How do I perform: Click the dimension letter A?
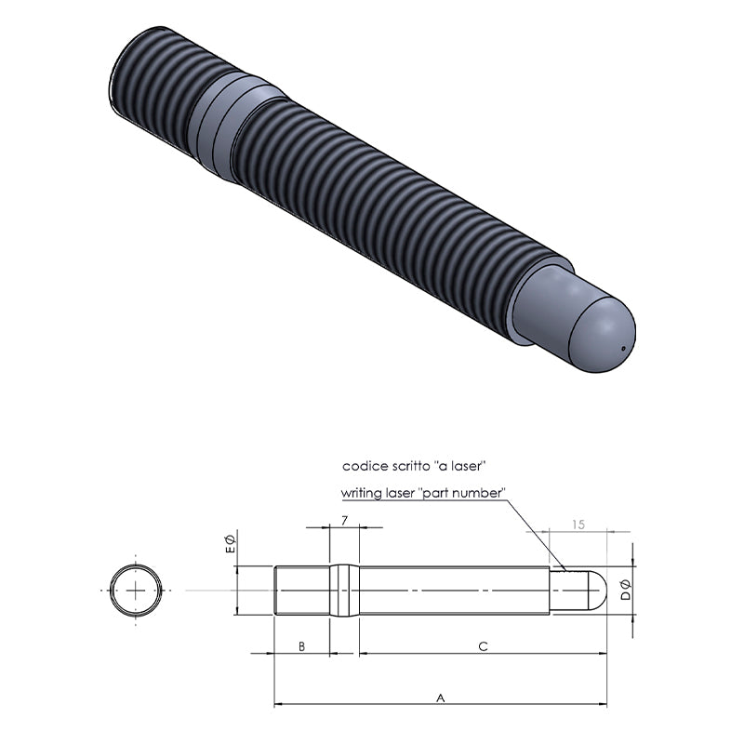point(440,698)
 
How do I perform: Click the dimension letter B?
point(301,646)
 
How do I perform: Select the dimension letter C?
point(483,646)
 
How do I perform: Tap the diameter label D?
point(626,590)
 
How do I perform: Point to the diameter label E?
point(230,543)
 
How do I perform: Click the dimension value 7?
point(344,521)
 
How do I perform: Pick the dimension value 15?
point(578,525)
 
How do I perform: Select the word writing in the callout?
point(361,494)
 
